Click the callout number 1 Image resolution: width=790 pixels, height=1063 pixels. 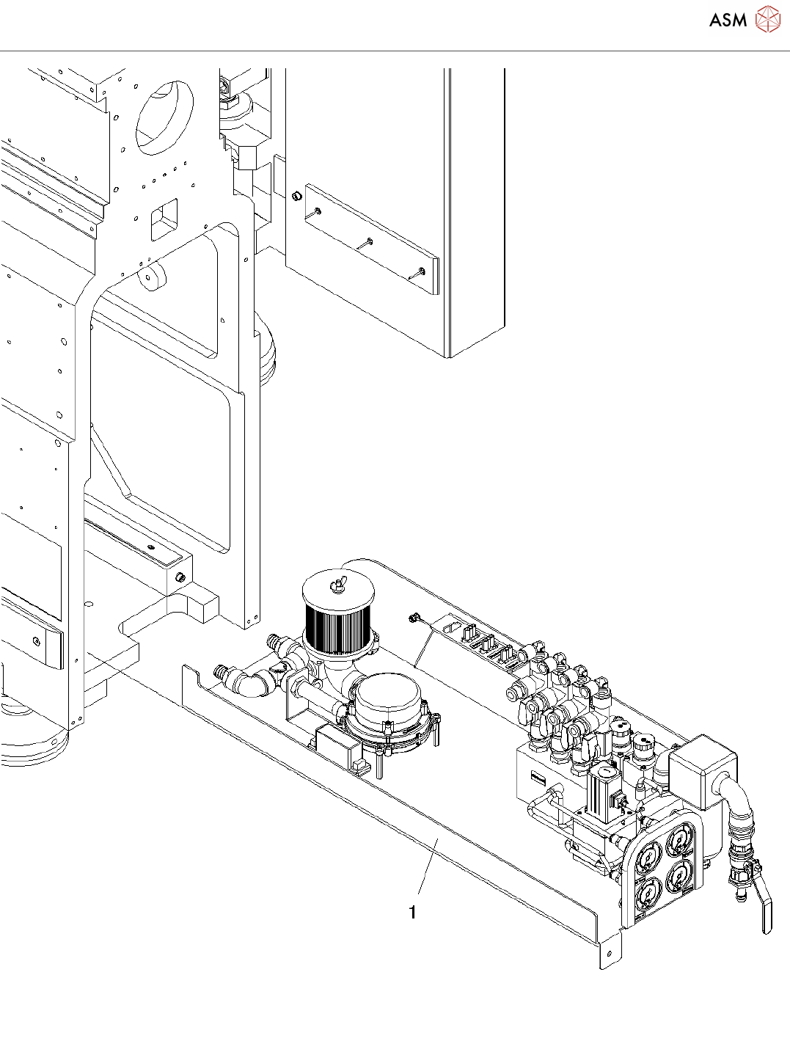click(413, 912)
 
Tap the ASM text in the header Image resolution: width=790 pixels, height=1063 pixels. click(728, 20)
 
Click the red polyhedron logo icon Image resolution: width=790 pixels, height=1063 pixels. click(768, 19)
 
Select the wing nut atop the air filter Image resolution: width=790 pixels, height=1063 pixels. click(339, 585)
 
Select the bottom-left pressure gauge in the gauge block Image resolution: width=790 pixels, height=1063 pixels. click(647, 892)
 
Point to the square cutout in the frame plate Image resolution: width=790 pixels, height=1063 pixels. click(163, 218)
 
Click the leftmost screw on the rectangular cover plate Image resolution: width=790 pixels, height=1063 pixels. click(318, 211)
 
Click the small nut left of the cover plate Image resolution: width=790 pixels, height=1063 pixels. click(296, 197)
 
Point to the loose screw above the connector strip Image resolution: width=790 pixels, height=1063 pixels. click(414, 618)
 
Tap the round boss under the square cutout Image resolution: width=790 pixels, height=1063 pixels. click(153, 277)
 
